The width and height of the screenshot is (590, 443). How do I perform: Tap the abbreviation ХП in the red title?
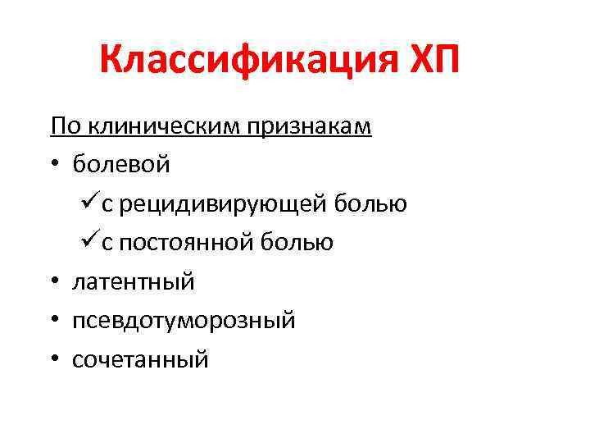[x=426, y=62]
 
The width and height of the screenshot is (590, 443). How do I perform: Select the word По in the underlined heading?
[x=63, y=127]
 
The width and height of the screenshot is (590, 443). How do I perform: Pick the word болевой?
[x=121, y=165]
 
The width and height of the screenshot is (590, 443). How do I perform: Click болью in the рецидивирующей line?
[x=376, y=203]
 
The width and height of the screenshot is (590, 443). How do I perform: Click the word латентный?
[x=134, y=282]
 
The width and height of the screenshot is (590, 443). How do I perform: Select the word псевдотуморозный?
[x=184, y=321]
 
